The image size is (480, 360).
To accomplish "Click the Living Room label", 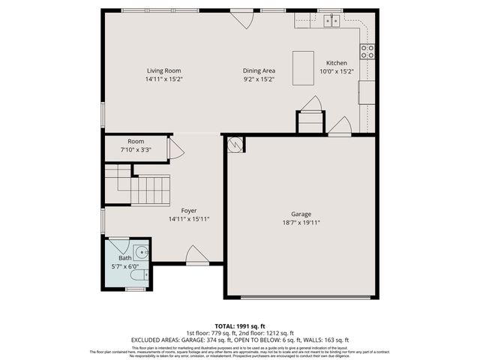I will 163,70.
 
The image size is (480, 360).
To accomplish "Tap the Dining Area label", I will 259,70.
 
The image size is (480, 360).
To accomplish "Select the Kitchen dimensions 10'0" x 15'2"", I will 336,71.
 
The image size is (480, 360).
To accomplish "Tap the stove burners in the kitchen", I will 367,51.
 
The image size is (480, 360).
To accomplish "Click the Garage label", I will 301,214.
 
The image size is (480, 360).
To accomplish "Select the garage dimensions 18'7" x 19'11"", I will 301,223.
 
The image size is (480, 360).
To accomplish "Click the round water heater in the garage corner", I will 235,144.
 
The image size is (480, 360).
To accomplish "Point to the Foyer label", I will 188,211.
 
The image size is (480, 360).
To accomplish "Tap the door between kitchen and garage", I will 340,127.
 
